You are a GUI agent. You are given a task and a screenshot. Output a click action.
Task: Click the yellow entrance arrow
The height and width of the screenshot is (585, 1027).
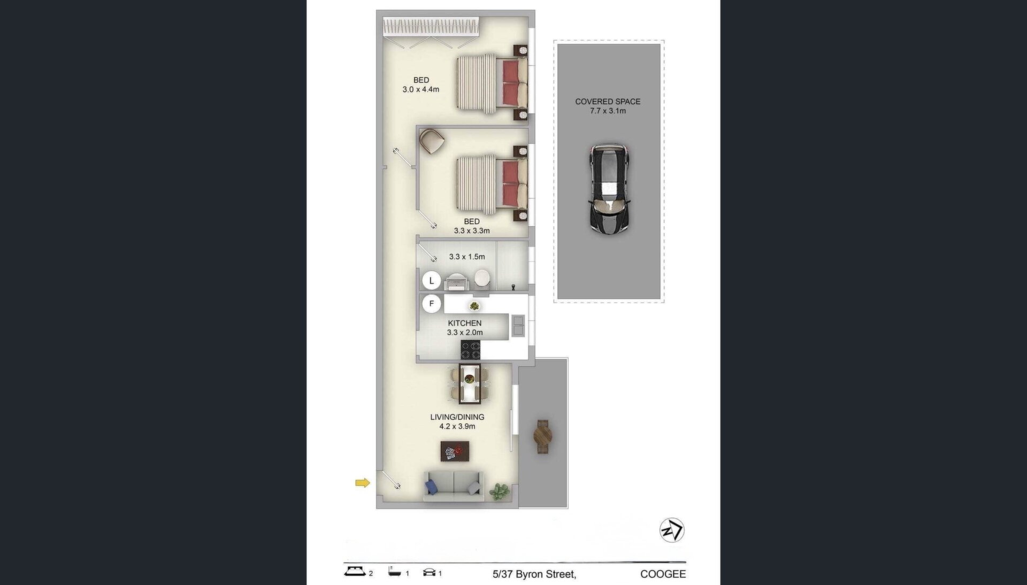coord(363,483)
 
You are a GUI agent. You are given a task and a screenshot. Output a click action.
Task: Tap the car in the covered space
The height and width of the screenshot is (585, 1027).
coord(609,188)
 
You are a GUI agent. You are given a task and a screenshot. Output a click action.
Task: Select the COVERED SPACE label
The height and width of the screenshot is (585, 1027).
coord(608,102)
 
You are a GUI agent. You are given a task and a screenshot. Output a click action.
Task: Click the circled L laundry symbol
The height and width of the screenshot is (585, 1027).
coord(431,281)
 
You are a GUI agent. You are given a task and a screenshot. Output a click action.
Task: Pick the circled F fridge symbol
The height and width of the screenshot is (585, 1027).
coord(431,304)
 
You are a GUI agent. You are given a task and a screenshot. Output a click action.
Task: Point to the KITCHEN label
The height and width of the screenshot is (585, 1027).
coord(465,323)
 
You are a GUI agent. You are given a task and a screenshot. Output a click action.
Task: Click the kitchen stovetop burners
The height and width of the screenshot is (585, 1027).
coord(471,350)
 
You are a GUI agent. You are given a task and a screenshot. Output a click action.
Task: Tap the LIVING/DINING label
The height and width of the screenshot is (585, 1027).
coord(457,417)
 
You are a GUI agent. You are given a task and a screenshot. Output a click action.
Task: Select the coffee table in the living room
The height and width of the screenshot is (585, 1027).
coord(455,451)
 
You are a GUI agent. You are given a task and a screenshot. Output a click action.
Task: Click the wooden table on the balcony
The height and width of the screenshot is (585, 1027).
coord(542,436)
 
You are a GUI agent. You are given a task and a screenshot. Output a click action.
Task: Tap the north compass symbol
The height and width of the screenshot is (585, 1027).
coord(672,530)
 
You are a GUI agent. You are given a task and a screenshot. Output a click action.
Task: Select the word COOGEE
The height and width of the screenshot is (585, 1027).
coord(663,574)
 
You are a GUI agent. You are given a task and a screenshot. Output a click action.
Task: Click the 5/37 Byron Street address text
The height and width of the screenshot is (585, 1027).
coord(534,575)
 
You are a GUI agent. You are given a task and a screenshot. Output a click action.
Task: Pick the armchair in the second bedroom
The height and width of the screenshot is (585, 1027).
coord(432,141)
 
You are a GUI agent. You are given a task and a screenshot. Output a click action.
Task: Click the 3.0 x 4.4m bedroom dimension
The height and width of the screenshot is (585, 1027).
coord(421,89)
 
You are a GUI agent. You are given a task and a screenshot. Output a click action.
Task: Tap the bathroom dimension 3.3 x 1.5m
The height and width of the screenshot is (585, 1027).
coord(467,257)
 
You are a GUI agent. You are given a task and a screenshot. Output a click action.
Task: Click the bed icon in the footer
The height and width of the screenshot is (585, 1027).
coord(354,572)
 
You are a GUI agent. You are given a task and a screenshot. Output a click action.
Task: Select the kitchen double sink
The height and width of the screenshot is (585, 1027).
coord(518,326)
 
